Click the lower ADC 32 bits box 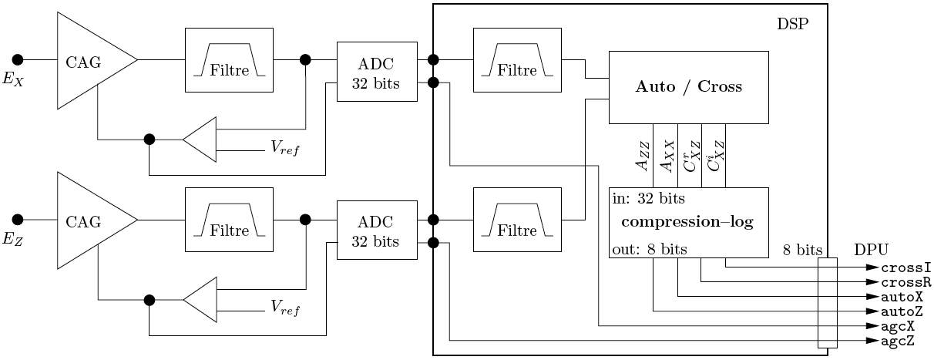(375, 232)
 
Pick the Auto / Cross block (688, 86)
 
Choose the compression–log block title (688, 222)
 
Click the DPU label (871, 250)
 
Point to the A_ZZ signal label (642, 166)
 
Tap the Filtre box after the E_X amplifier (230, 61)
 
